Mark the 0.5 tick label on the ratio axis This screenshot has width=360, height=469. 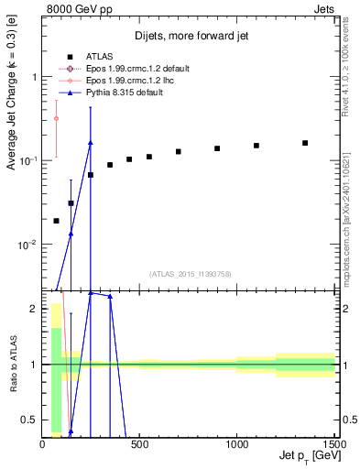pos(30,420)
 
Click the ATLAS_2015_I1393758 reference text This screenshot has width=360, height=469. pos(190,273)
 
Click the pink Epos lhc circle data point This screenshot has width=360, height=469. pos(56,118)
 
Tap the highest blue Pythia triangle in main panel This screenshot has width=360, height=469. pos(90,142)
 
